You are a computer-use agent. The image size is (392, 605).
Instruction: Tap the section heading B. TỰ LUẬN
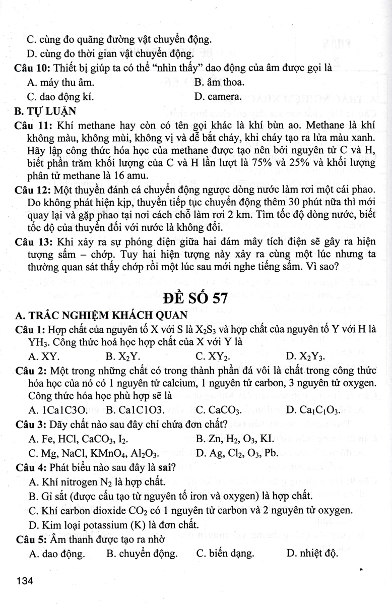click(46, 110)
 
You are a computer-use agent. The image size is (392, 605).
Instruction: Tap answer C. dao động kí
click(60, 96)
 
